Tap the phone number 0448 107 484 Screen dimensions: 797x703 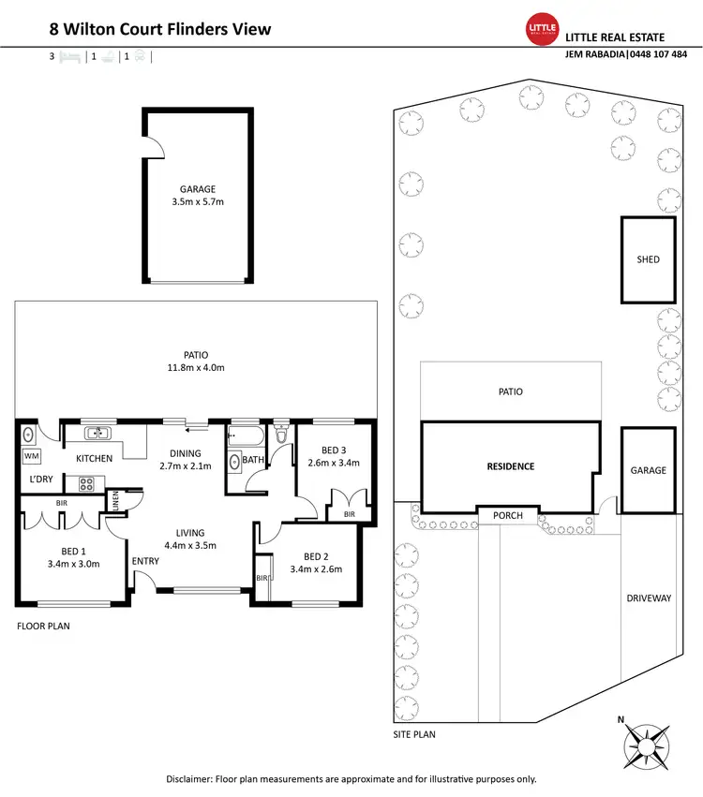point(654,53)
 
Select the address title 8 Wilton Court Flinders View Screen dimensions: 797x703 point(160,29)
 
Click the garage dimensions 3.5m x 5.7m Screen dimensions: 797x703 point(198,201)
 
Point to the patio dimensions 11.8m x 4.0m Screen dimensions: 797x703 point(196,368)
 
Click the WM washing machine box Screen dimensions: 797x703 point(31,456)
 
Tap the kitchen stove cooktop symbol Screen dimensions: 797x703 point(86,484)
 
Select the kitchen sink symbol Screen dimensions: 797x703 point(97,434)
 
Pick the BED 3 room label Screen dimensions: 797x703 point(335,450)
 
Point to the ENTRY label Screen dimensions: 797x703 point(145,561)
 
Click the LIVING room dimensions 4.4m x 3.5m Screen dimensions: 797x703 point(190,545)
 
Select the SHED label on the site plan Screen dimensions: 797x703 point(648,259)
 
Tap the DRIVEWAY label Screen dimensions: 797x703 point(648,598)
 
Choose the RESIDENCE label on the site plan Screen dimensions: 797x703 point(510,466)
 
